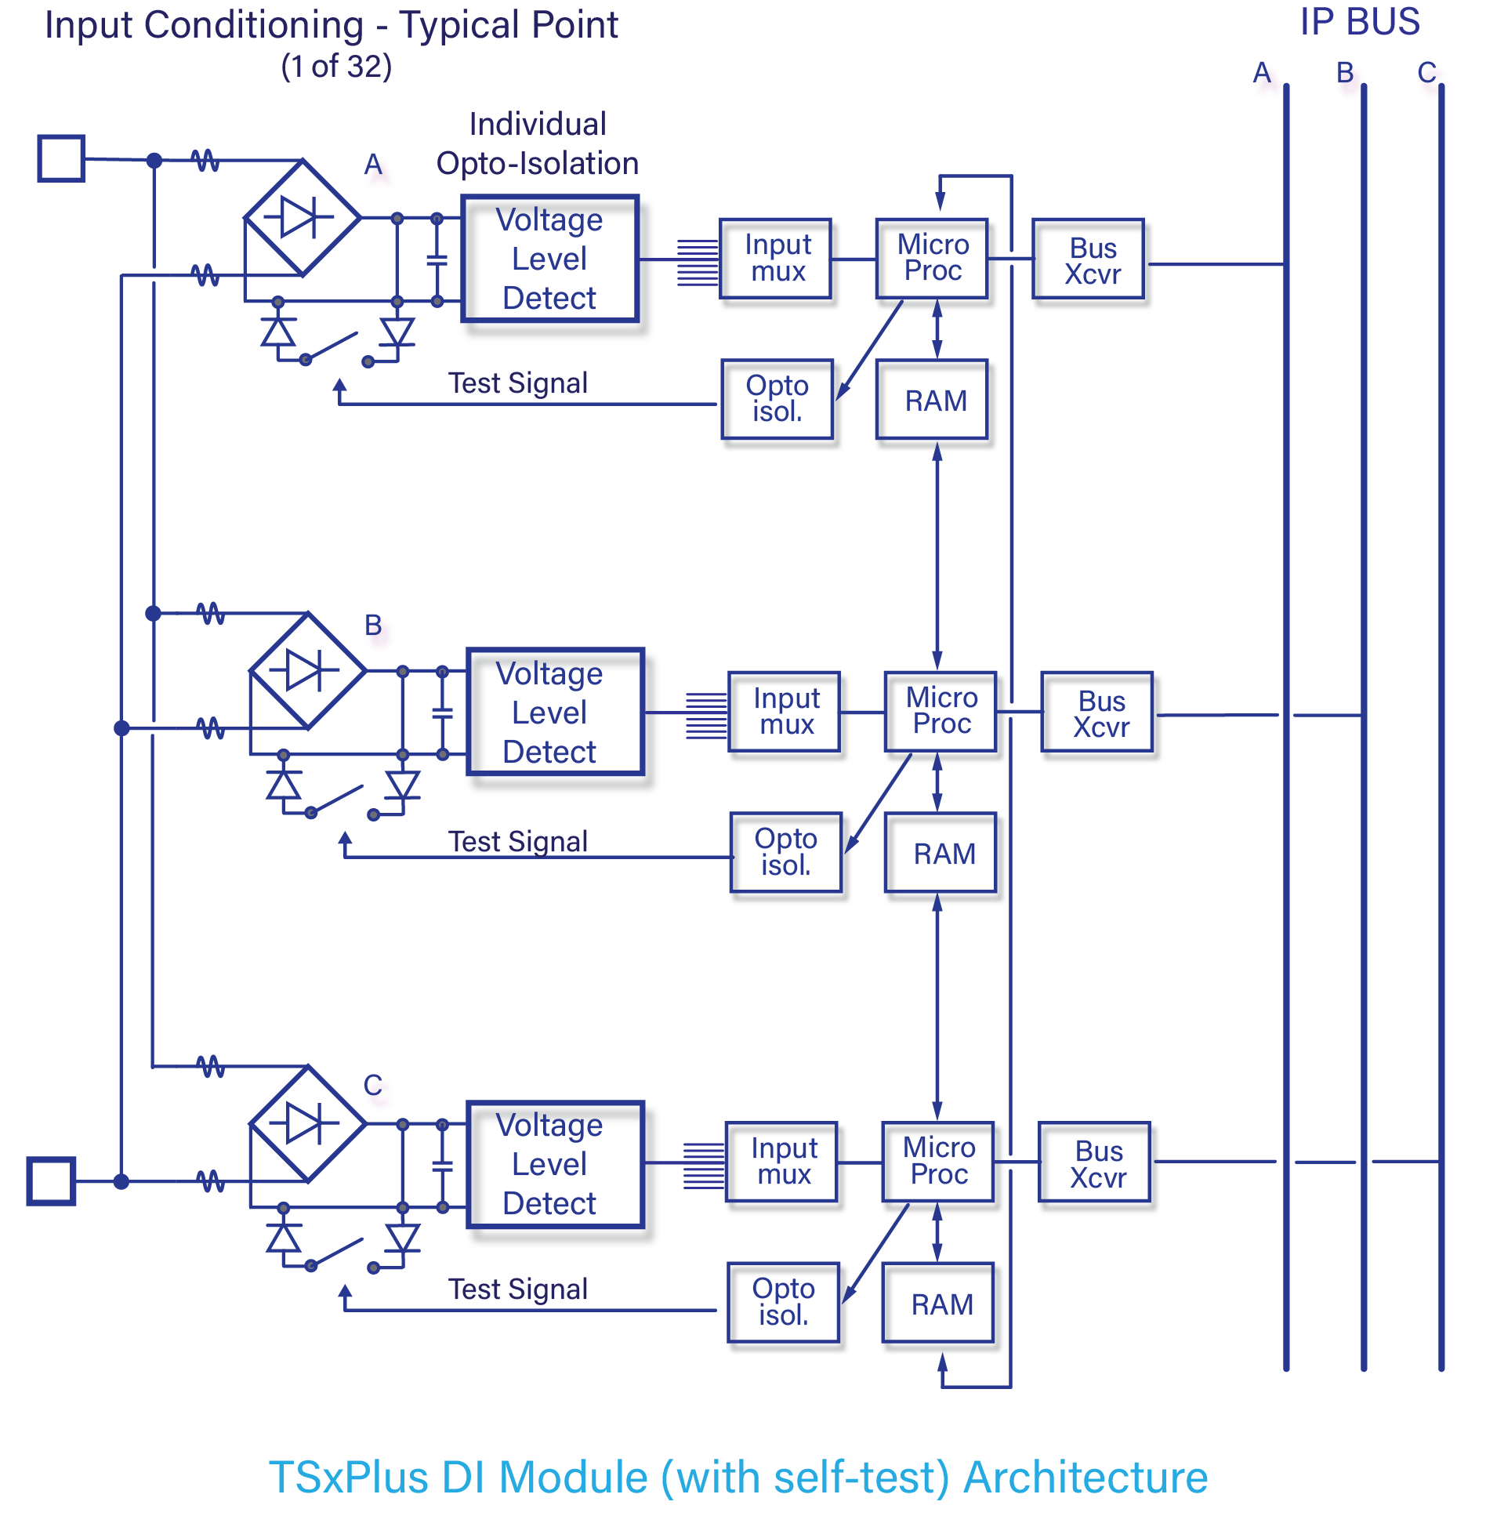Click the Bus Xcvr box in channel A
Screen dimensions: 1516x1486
[1091, 263]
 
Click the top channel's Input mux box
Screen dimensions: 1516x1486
[777, 260]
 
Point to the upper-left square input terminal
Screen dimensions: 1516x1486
[60, 158]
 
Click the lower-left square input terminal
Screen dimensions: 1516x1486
[51, 1181]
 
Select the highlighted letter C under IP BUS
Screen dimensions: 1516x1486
[1431, 78]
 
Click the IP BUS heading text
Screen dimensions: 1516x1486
[1359, 22]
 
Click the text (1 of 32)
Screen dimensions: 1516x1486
[336, 67]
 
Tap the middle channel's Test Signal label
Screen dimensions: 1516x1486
[517, 842]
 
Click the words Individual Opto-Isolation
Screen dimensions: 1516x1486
[538, 144]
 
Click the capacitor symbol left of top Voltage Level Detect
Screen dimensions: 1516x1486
[437, 260]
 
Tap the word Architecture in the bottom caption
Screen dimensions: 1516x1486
[1086, 1478]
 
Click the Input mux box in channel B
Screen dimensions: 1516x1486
[787, 713]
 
